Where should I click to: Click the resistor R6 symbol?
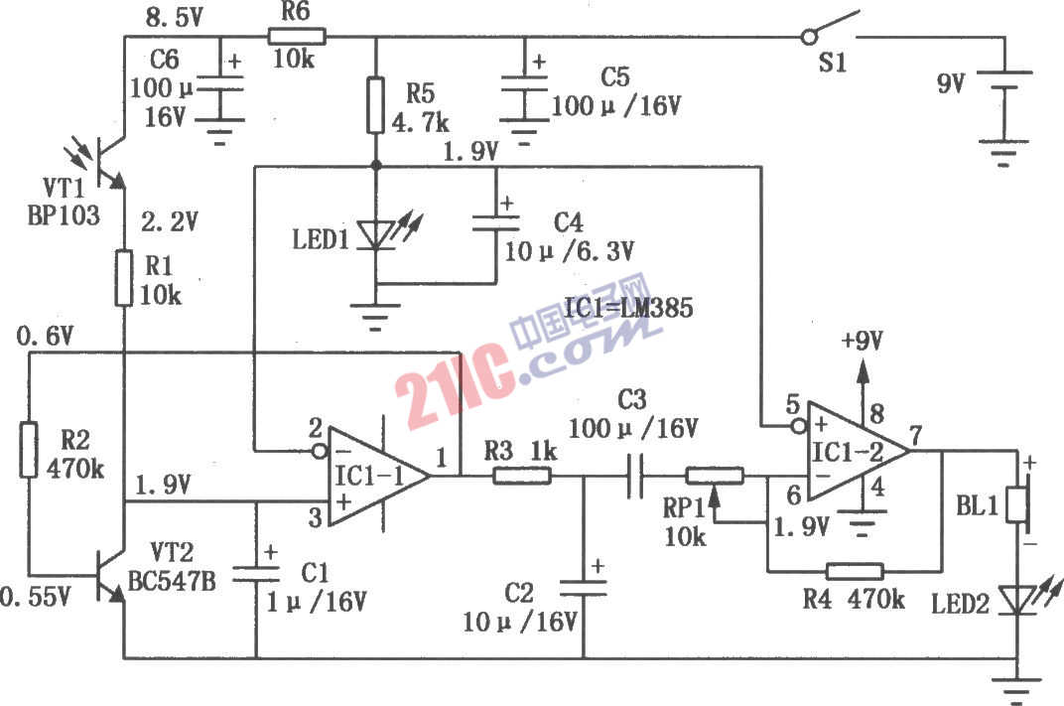(297, 37)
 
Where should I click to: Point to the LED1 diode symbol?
(375, 233)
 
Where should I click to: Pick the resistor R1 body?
(125, 278)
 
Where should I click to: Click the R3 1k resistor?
(522, 476)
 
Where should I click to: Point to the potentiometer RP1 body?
(715, 476)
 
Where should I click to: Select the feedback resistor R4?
(855, 571)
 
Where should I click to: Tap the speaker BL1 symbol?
(1018, 503)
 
